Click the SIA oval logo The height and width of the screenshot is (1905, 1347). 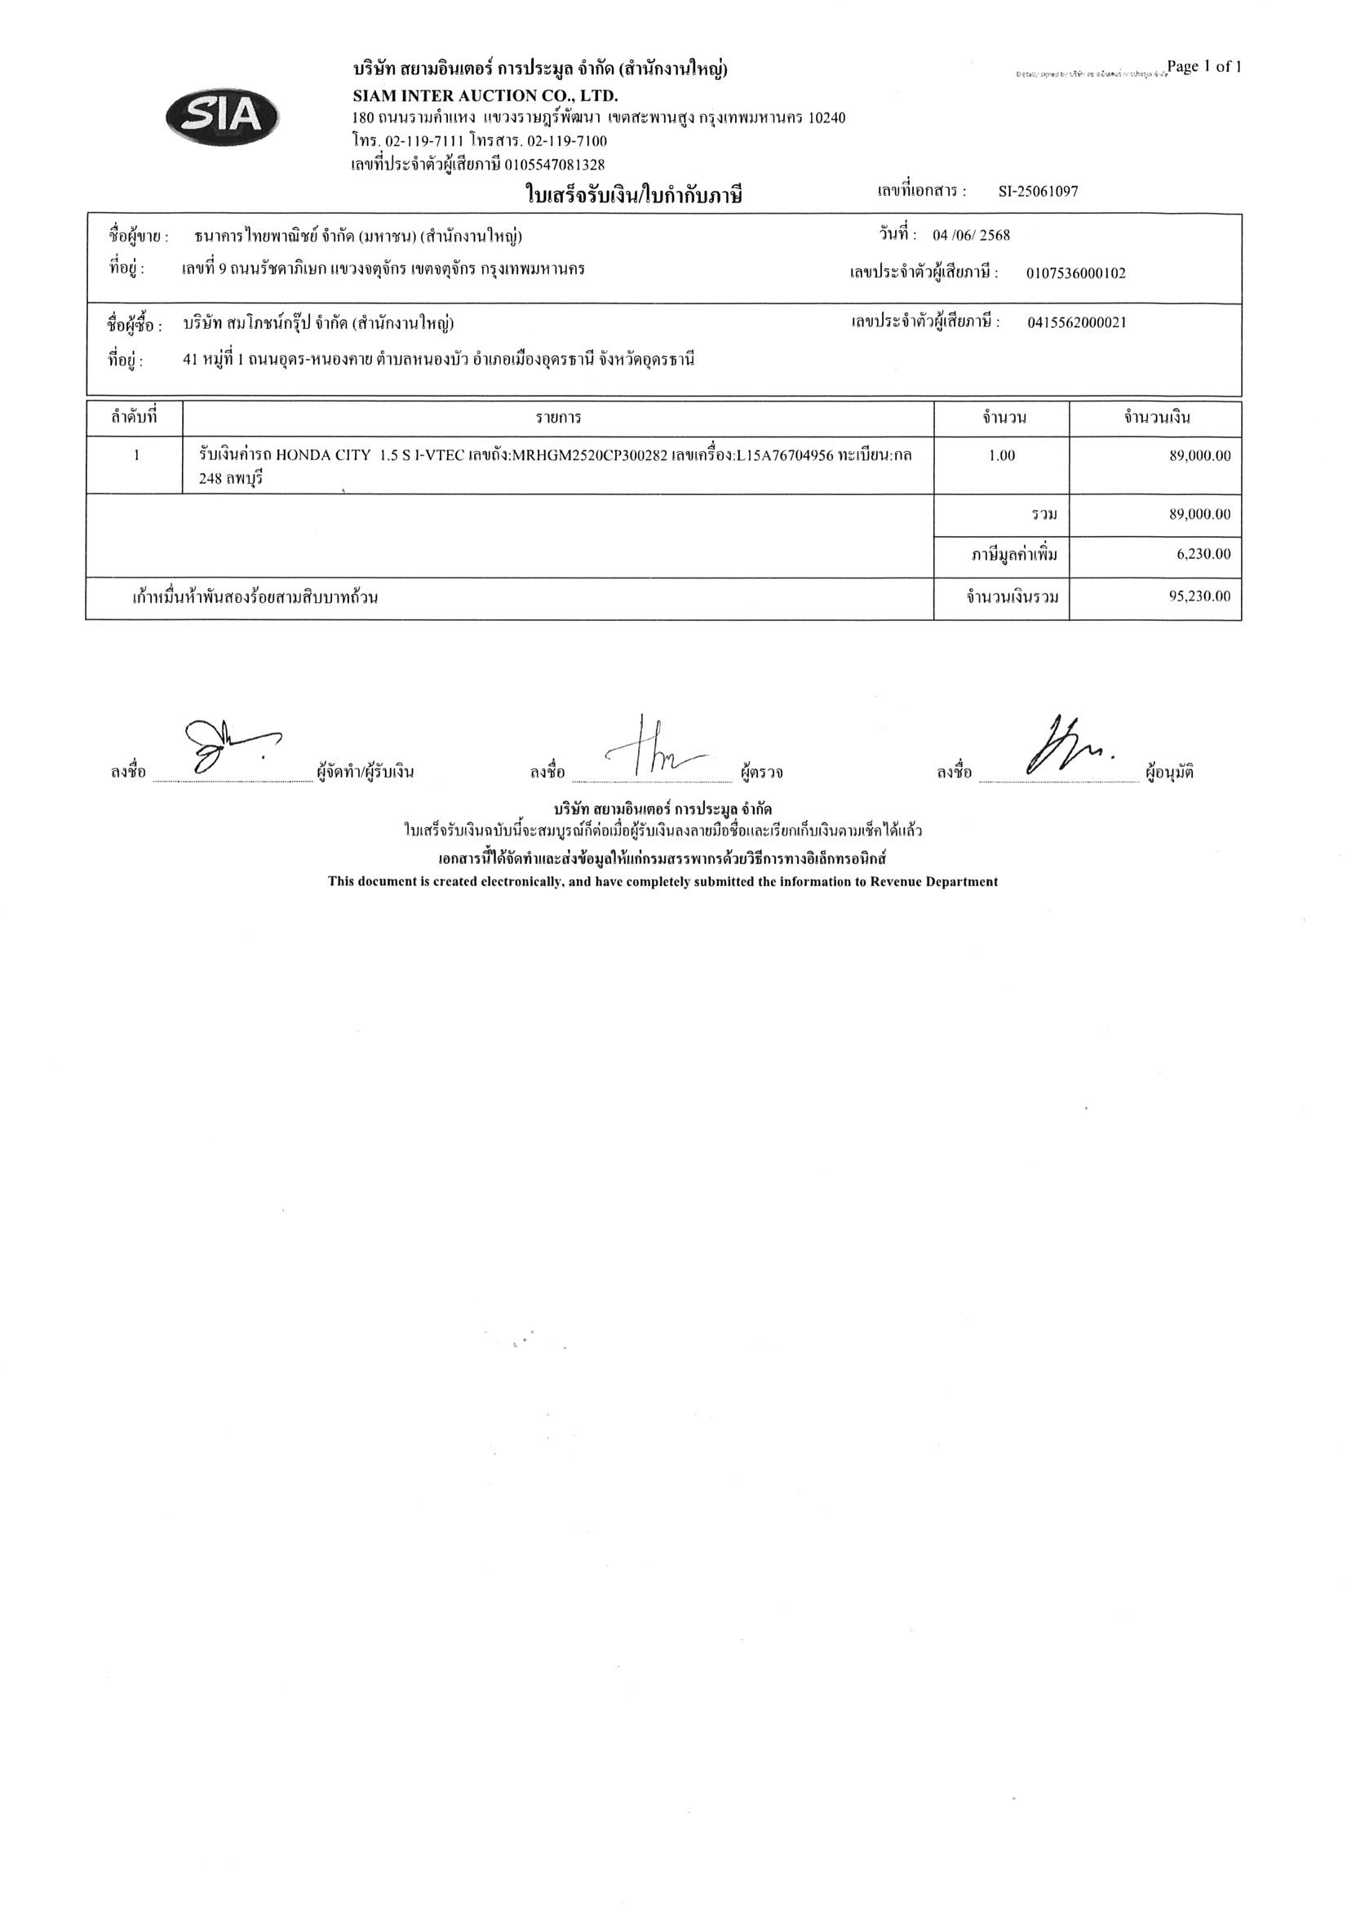click(x=223, y=116)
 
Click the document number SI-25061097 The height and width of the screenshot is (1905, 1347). click(x=1038, y=192)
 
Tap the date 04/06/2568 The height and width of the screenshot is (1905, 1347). click(x=971, y=236)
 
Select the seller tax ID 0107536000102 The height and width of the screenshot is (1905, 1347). click(x=1075, y=274)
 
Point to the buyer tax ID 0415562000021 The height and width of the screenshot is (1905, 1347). click(x=1076, y=323)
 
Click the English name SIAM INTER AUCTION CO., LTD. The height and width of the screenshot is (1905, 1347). click(x=485, y=96)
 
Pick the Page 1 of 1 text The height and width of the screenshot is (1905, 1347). click(x=1203, y=67)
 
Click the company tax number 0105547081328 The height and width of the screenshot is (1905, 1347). click(x=555, y=164)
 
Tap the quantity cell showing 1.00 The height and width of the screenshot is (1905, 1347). click(x=1002, y=455)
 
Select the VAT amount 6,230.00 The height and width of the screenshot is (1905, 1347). click(x=1203, y=554)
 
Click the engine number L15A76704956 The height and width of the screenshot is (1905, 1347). click(x=784, y=455)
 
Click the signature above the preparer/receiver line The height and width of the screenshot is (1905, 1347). click(x=224, y=746)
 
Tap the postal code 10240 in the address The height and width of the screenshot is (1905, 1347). click(x=826, y=118)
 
